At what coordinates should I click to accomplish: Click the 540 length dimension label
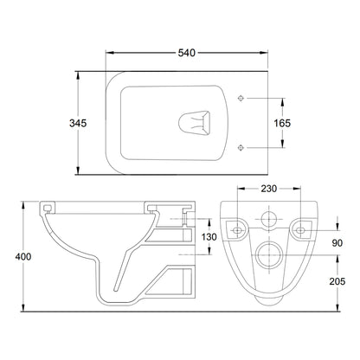pyautogui.click(x=187, y=53)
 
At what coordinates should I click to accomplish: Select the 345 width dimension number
pyautogui.click(x=78, y=123)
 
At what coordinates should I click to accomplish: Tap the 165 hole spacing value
pyautogui.click(x=282, y=123)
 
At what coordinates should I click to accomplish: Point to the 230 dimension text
pyautogui.click(x=269, y=189)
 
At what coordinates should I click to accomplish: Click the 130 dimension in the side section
pyautogui.click(x=209, y=237)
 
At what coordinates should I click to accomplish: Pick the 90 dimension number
pyautogui.click(x=337, y=243)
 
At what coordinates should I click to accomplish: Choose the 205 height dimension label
pyautogui.click(x=337, y=281)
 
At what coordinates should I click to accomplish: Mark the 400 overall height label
pyautogui.click(x=23, y=256)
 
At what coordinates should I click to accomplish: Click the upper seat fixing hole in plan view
pyautogui.click(x=241, y=99)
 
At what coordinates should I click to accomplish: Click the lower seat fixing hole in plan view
pyautogui.click(x=241, y=148)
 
